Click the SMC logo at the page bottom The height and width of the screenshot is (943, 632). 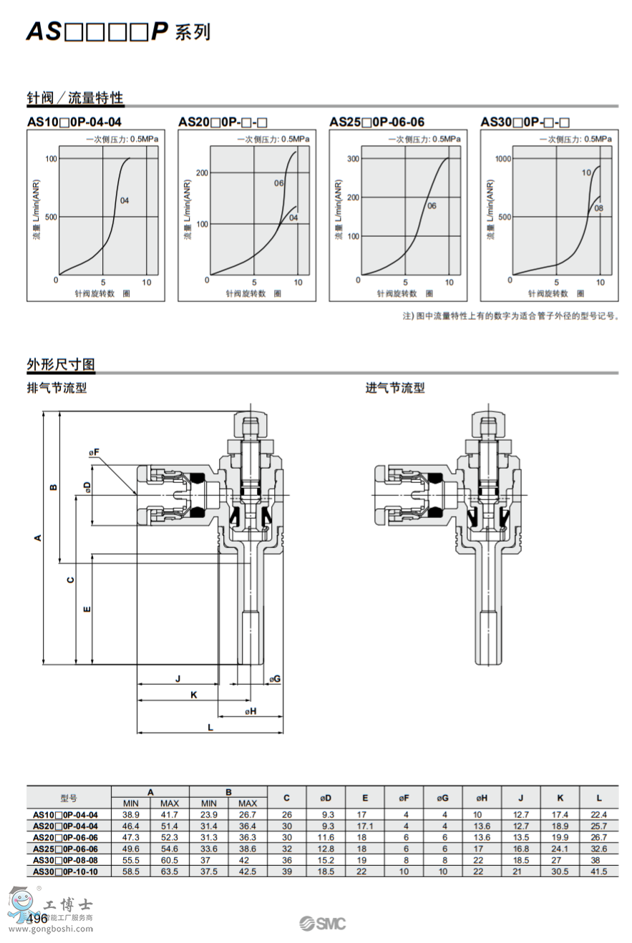[322, 923]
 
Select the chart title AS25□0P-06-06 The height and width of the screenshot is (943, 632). [376, 122]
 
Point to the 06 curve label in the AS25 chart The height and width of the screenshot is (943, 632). [432, 206]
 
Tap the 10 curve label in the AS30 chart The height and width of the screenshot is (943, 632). [586, 172]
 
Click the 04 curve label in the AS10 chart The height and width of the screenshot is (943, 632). [125, 200]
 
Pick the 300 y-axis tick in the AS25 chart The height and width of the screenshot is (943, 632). [351, 158]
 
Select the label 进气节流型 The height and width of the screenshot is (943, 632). [395, 388]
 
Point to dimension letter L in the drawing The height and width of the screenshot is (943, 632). [210, 726]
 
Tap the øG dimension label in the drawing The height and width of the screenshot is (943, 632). [274, 678]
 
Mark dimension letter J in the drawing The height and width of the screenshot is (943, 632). [178, 678]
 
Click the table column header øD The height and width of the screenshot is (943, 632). [324, 797]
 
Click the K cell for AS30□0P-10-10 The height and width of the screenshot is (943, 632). [560, 871]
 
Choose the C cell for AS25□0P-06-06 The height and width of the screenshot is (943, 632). [286, 849]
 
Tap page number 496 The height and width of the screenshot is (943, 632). [37, 918]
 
